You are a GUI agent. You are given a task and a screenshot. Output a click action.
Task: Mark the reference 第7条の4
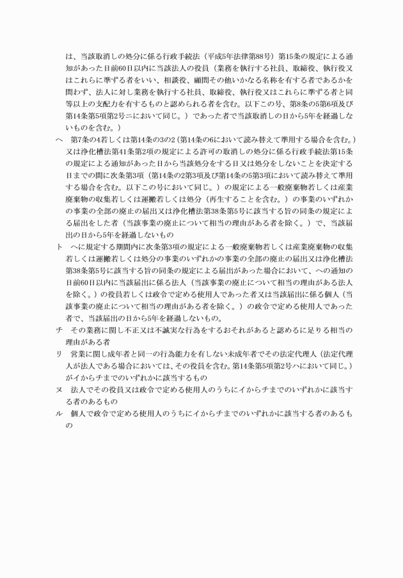point(85,140)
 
